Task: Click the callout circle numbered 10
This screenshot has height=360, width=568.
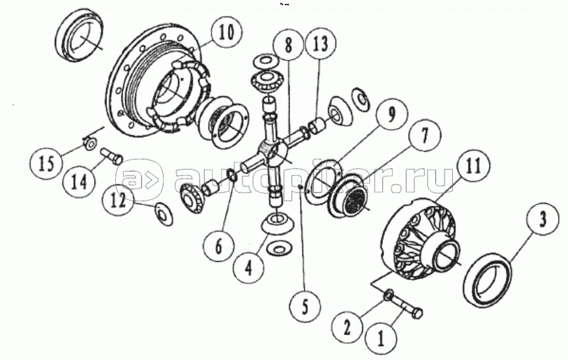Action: [228, 34]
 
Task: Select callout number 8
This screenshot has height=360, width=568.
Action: [288, 46]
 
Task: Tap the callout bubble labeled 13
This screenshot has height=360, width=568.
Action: [321, 44]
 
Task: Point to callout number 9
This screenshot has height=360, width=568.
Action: [391, 116]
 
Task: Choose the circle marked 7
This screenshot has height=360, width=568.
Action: [425, 136]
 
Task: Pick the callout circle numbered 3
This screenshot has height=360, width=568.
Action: [542, 220]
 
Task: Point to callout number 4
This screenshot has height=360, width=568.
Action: [249, 269]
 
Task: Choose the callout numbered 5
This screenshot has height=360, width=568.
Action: [305, 308]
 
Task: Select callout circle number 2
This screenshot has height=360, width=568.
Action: [348, 329]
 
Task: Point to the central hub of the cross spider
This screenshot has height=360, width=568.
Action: [273, 152]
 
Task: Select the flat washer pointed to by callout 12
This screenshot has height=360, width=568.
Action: [164, 215]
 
